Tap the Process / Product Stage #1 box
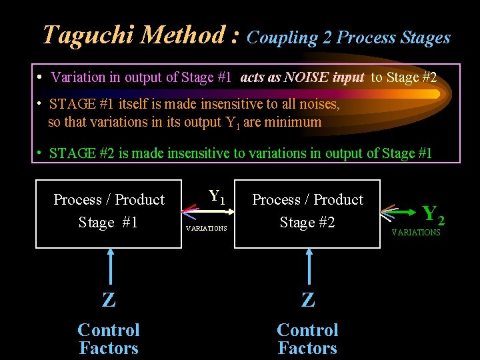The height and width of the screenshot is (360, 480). (108, 213)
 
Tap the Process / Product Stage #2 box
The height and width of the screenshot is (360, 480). (307, 213)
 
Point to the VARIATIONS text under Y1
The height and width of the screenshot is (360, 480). (207, 228)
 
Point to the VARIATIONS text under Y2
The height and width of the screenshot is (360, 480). (415, 233)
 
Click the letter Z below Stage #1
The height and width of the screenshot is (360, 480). (109, 301)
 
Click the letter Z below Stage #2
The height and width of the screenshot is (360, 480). (307, 301)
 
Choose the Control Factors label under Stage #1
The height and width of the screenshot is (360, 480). (109, 339)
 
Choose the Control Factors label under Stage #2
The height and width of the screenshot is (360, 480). (307, 339)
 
